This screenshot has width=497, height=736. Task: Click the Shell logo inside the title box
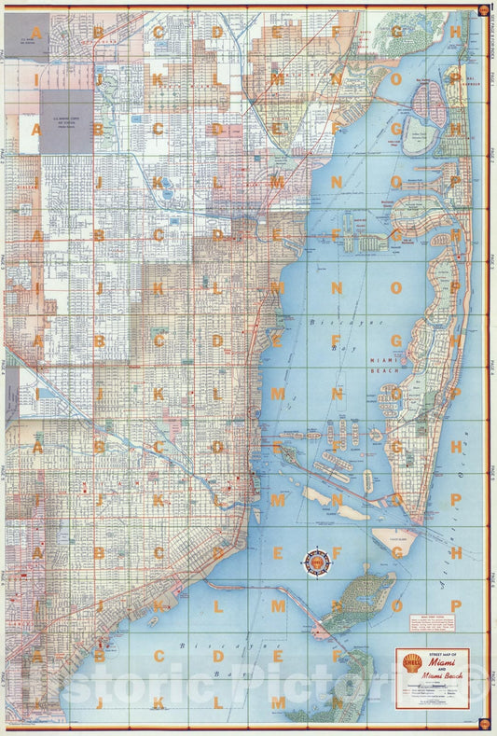coord(410,663)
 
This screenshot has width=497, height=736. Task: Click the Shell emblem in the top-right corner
coord(483,10)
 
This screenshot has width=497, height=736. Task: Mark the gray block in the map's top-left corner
coord(26,32)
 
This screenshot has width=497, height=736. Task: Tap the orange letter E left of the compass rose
coord(276,552)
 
